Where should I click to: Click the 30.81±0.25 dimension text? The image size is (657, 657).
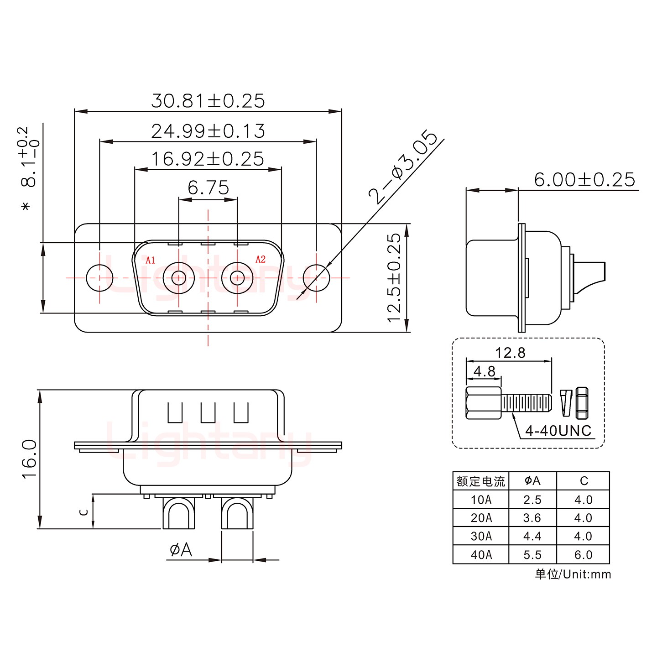tap(208, 101)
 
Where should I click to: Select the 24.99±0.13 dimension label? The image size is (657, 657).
tap(208, 131)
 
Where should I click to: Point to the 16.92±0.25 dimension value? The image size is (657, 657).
tap(208, 159)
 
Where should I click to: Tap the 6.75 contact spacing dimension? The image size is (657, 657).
tap(208, 188)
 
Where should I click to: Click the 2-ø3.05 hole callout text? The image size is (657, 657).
tap(403, 167)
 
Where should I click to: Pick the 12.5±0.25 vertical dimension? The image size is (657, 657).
tap(394, 278)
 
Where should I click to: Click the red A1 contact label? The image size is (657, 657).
tap(151, 261)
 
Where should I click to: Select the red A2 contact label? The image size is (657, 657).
tap(261, 260)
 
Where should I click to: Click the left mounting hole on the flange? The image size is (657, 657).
tap(99, 277)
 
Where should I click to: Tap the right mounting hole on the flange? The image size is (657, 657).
tap(317, 277)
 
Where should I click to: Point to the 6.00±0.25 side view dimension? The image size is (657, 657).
tap(584, 180)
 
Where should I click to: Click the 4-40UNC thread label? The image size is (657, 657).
tap(558, 431)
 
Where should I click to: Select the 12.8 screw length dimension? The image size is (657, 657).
tap(510, 353)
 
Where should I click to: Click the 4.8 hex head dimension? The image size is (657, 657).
tap(484, 371)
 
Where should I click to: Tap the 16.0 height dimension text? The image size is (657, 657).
tap(30, 459)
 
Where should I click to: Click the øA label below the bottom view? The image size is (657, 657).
tap(181, 550)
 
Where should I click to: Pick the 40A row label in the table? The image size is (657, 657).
tap(481, 555)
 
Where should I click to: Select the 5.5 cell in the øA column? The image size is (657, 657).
tap(532, 555)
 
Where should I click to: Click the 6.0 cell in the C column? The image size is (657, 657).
tap(583, 555)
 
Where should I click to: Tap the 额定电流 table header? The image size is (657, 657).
tap(481, 481)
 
